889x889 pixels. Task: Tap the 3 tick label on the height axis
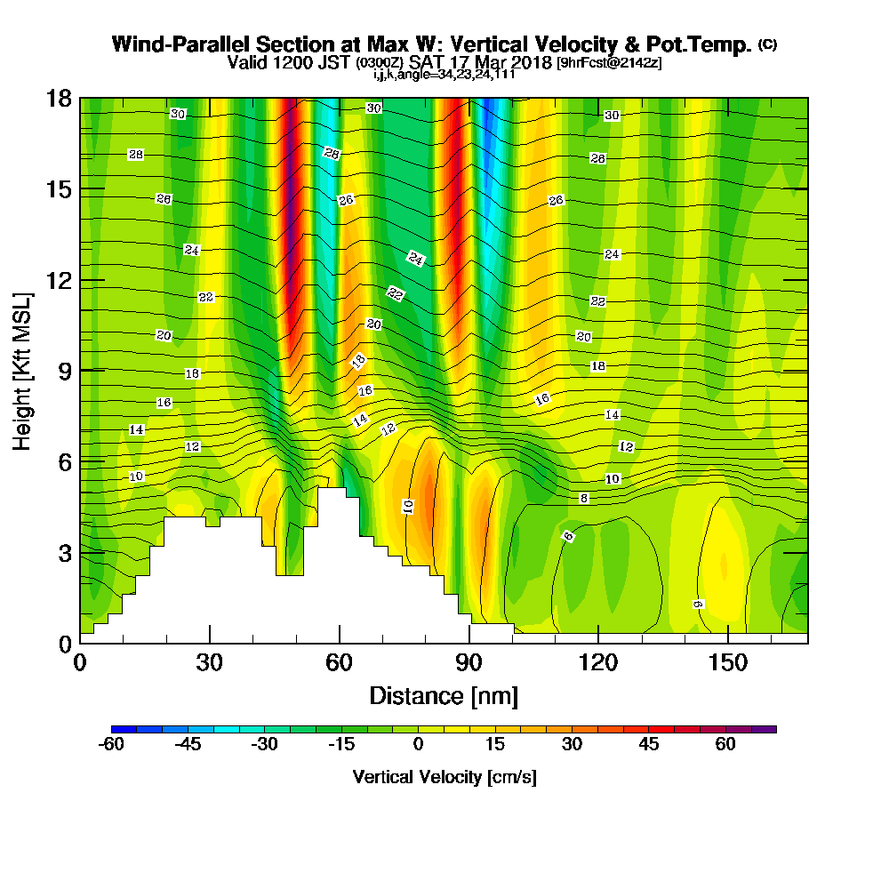click(x=64, y=552)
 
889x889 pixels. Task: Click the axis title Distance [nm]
click(x=444, y=695)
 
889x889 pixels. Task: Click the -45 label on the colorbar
click(x=188, y=745)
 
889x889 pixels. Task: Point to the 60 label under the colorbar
click(x=725, y=745)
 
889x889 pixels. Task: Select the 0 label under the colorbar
click(x=418, y=745)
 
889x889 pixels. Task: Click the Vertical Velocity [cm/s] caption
click(x=444, y=777)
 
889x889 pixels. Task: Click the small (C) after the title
click(x=767, y=44)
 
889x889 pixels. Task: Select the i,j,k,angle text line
click(x=444, y=74)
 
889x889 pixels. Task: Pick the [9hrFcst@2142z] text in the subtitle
click(x=608, y=63)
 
